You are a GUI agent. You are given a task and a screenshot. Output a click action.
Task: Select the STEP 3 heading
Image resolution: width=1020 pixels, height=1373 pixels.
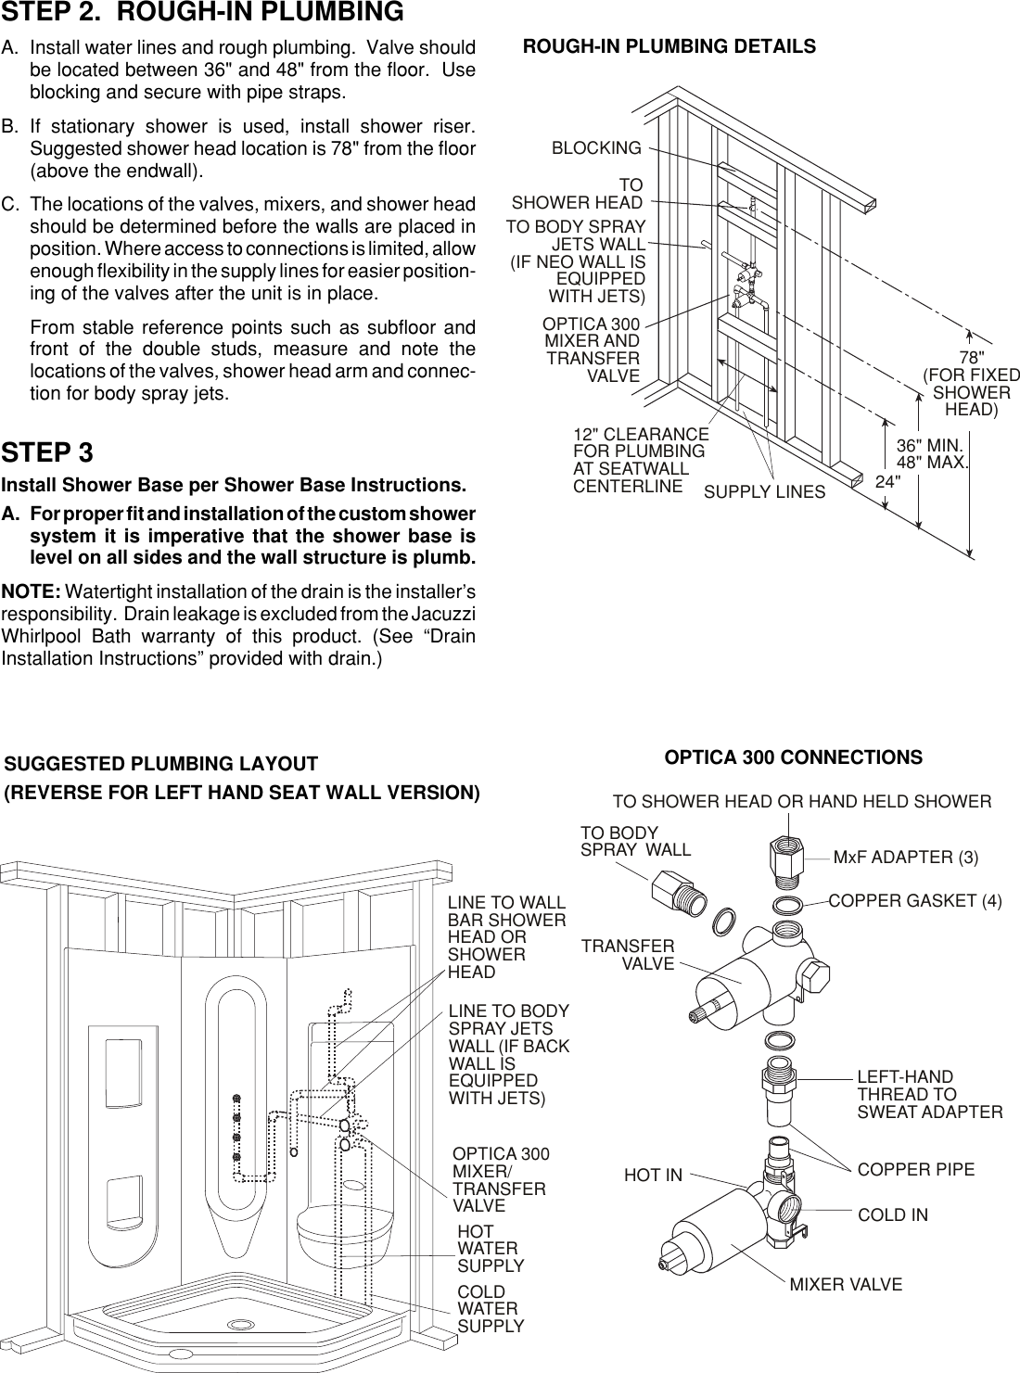(x=47, y=453)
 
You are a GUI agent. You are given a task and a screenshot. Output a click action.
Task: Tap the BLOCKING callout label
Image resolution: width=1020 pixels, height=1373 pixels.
(x=596, y=148)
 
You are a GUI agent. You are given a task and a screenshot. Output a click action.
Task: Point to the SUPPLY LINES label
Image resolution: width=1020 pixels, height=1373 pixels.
(x=764, y=492)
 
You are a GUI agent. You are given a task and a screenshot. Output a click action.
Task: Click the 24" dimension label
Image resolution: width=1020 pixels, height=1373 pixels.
(x=888, y=482)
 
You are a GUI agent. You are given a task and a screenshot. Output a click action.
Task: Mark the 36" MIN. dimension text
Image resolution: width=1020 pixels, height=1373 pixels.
(x=930, y=446)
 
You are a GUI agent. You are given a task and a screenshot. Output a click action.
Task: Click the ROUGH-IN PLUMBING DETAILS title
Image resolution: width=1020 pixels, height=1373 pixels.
(x=669, y=46)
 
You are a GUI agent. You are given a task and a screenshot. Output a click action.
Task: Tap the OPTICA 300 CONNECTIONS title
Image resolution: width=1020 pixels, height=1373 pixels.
(x=794, y=757)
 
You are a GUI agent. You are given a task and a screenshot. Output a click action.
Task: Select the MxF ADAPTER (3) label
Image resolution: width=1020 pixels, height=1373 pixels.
(x=906, y=858)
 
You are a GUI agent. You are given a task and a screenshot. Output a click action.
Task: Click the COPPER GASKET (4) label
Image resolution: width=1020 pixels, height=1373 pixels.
(x=914, y=900)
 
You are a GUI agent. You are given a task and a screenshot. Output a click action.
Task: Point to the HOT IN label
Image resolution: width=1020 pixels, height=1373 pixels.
(x=653, y=1176)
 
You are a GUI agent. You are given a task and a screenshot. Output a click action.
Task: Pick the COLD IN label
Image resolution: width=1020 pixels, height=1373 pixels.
(x=893, y=1214)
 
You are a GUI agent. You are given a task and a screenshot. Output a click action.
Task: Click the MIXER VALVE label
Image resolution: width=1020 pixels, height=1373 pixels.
(x=846, y=1285)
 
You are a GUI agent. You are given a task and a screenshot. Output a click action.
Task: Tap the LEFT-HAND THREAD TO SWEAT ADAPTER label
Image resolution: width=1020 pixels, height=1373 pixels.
(x=929, y=1094)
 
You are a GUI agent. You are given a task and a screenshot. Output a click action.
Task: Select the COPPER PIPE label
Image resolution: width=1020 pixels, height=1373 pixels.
(x=916, y=1170)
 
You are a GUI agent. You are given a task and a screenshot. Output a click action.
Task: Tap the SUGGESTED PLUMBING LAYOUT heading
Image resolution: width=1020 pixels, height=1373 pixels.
(x=161, y=764)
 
